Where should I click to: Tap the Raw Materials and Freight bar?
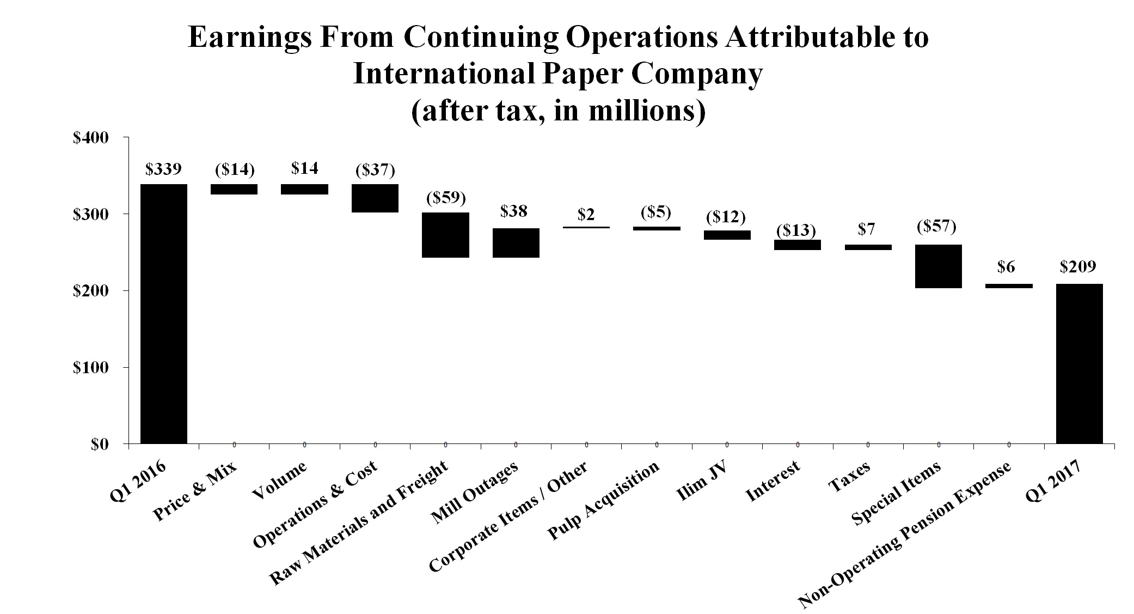445,235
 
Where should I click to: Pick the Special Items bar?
938,266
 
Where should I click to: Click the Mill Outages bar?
516,242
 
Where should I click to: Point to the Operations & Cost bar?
375,198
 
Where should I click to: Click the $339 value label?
163,169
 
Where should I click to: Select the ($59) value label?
445,198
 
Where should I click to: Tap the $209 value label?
1078,267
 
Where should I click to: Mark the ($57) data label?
937,226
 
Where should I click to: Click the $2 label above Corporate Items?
586,215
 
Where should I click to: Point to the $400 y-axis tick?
91,138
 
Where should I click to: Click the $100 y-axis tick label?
91,368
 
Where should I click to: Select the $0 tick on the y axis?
100,444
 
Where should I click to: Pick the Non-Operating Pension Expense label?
905,535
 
